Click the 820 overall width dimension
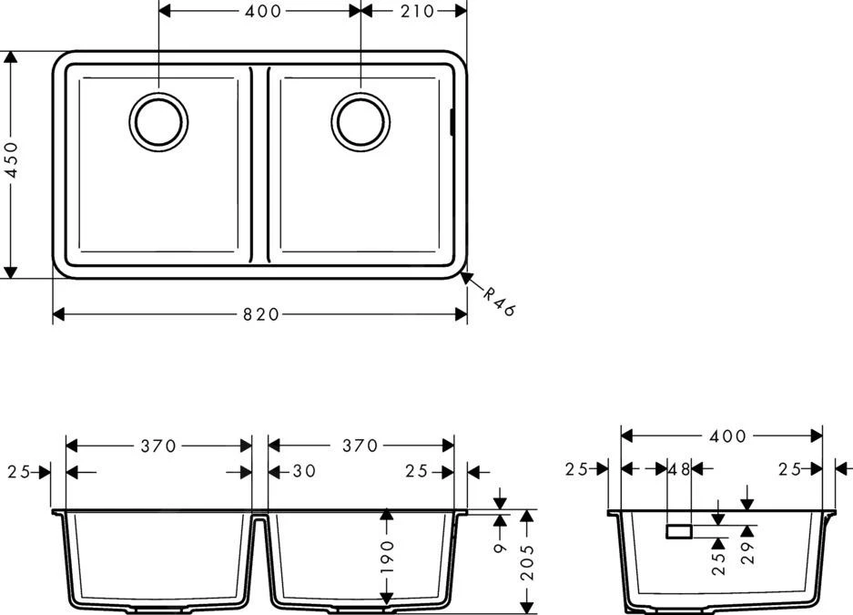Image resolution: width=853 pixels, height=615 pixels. pos(260,314)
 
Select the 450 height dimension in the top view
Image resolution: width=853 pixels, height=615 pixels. pos(11,165)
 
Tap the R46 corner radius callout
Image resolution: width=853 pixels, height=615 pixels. pos(499,301)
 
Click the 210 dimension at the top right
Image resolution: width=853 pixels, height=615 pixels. pos(415,11)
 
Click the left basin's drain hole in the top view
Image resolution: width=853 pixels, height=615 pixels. pos(158,120)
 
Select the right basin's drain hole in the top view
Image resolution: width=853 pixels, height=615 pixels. pos(360,120)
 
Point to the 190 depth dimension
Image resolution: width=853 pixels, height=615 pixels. pos(387,559)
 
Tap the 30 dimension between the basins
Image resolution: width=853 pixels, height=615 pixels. pos(305,472)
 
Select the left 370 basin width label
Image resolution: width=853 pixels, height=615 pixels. pos(158,446)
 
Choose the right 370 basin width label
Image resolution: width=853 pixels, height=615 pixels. pos(360,446)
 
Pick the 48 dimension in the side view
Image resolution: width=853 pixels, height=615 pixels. pos(679,469)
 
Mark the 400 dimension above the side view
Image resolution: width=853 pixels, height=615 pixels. pos(723,436)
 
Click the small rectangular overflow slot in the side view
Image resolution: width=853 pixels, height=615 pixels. pos(679,531)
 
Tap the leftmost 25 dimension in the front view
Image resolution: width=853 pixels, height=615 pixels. pos(18,472)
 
